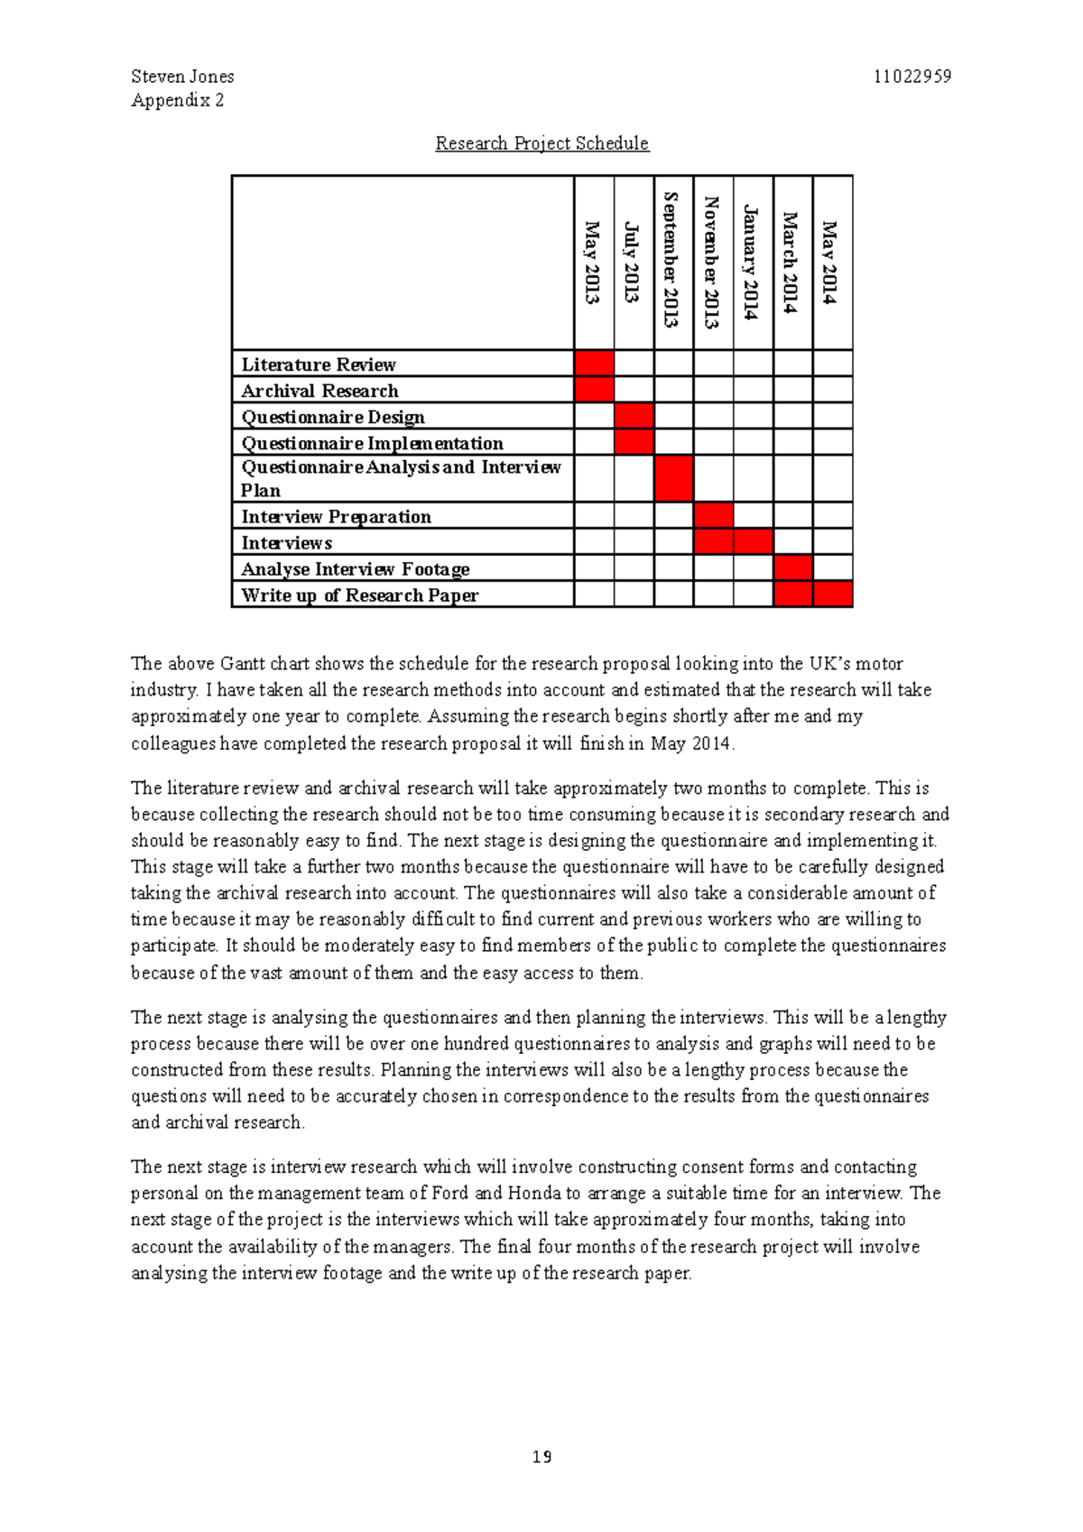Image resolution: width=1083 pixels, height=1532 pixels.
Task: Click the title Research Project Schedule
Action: (541, 143)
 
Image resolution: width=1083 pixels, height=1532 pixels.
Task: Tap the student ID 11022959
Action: (912, 77)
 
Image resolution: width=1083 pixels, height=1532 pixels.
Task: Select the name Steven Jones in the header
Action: (182, 77)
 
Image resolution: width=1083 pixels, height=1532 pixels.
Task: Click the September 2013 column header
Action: (673, 261)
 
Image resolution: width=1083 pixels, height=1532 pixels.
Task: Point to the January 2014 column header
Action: (753, 263)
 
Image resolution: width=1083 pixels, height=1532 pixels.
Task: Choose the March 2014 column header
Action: (792, 263)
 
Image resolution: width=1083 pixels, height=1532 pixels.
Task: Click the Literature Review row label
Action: (319, 365)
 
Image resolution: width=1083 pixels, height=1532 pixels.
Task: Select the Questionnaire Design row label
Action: (333, 417)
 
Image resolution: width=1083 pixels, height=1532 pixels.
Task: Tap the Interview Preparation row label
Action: (336, 517)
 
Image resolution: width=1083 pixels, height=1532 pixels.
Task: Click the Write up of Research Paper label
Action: (359, 595)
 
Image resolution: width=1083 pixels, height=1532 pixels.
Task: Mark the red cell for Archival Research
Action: (594, 390)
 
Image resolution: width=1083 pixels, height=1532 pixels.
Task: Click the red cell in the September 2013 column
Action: (673, 478)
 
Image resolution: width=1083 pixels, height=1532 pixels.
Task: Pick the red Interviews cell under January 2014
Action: (753, 542)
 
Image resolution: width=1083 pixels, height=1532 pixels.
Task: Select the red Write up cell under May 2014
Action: (832, 595)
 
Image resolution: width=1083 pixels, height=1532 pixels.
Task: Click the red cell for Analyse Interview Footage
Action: (792, 568)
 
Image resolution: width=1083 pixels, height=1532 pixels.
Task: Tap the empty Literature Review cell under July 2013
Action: (634, 364)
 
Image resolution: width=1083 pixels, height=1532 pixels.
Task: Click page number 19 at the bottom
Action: (541, 1457)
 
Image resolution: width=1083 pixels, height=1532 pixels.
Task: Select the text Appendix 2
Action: (178, 100)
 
